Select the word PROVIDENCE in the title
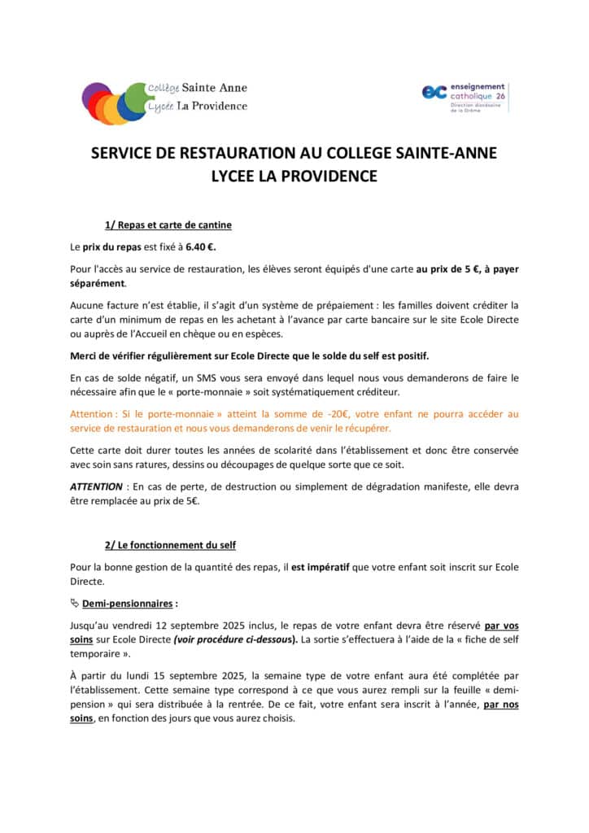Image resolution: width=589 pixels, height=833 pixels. [329, 175]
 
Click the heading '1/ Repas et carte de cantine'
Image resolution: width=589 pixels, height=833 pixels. [173, 225]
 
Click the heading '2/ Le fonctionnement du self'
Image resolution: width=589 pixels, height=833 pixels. [170, 544]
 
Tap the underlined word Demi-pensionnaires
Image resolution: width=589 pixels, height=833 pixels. [127, 604]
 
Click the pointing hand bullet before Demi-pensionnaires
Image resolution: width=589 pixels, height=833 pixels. [75, 604]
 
